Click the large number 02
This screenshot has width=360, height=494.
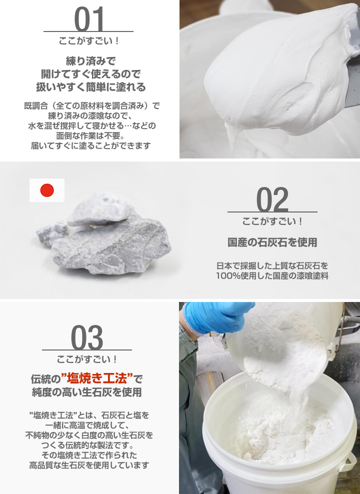click(272, 199)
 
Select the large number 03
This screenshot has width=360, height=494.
click(87, 337)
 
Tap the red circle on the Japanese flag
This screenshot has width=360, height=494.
click(47, 190)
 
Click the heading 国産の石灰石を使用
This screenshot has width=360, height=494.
click(272, 243)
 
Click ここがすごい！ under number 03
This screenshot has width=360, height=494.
click(87, 358)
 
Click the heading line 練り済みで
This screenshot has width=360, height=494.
click(90, 61)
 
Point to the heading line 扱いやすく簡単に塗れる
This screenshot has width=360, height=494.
click(90, 87)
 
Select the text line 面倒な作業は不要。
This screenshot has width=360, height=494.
click(90, 136)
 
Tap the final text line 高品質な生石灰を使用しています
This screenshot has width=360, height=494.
click(89, 465)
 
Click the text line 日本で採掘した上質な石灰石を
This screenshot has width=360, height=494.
click(272, 265)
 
